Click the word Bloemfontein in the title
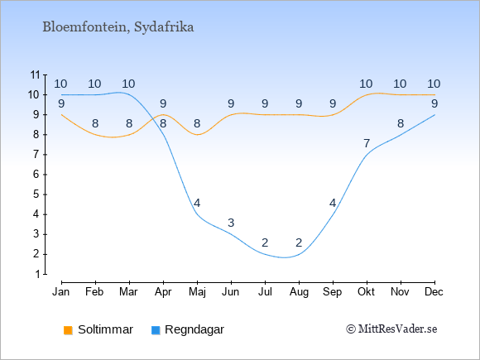tap(84, 27)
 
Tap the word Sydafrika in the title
tap(164, 27)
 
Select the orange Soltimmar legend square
tap(68, 330)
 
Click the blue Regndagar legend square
tap(156, 330)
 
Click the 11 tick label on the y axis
tap(36, 74)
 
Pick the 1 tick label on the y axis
tap(37, 274)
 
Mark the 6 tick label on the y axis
tap(36, 175)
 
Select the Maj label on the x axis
tap(197, 292)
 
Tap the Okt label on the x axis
tap(366, 292)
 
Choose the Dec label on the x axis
tap(434, 292)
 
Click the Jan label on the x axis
tap(61, 292)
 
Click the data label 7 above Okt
tap(367, 143)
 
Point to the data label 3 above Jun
tap(231, 223)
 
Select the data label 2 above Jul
tap(265, 242)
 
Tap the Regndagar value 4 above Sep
tap(333, 203)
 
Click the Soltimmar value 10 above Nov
tap(400, 84)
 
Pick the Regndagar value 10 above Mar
tap(128, 84)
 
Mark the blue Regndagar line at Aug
tap(299, 254)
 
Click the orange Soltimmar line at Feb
tap(95, 134)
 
